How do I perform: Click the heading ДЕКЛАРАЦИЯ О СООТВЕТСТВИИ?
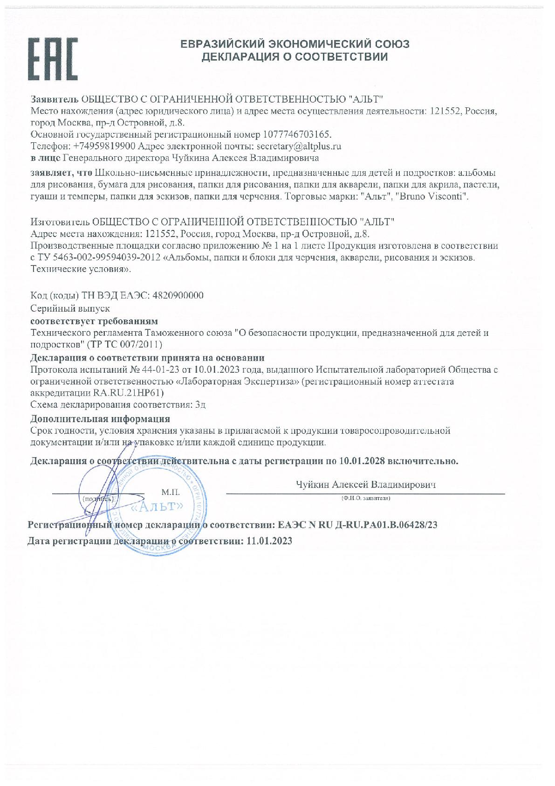tap(295, 57)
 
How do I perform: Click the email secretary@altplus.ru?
tap(296, 146)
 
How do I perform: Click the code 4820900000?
tap(176, 296)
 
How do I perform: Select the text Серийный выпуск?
tap(70, 309)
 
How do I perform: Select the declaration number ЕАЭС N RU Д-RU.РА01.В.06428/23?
tap(357, 524)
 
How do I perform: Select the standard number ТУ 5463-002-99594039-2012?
tap(98, 257)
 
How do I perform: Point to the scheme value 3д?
tap(201, 404)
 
